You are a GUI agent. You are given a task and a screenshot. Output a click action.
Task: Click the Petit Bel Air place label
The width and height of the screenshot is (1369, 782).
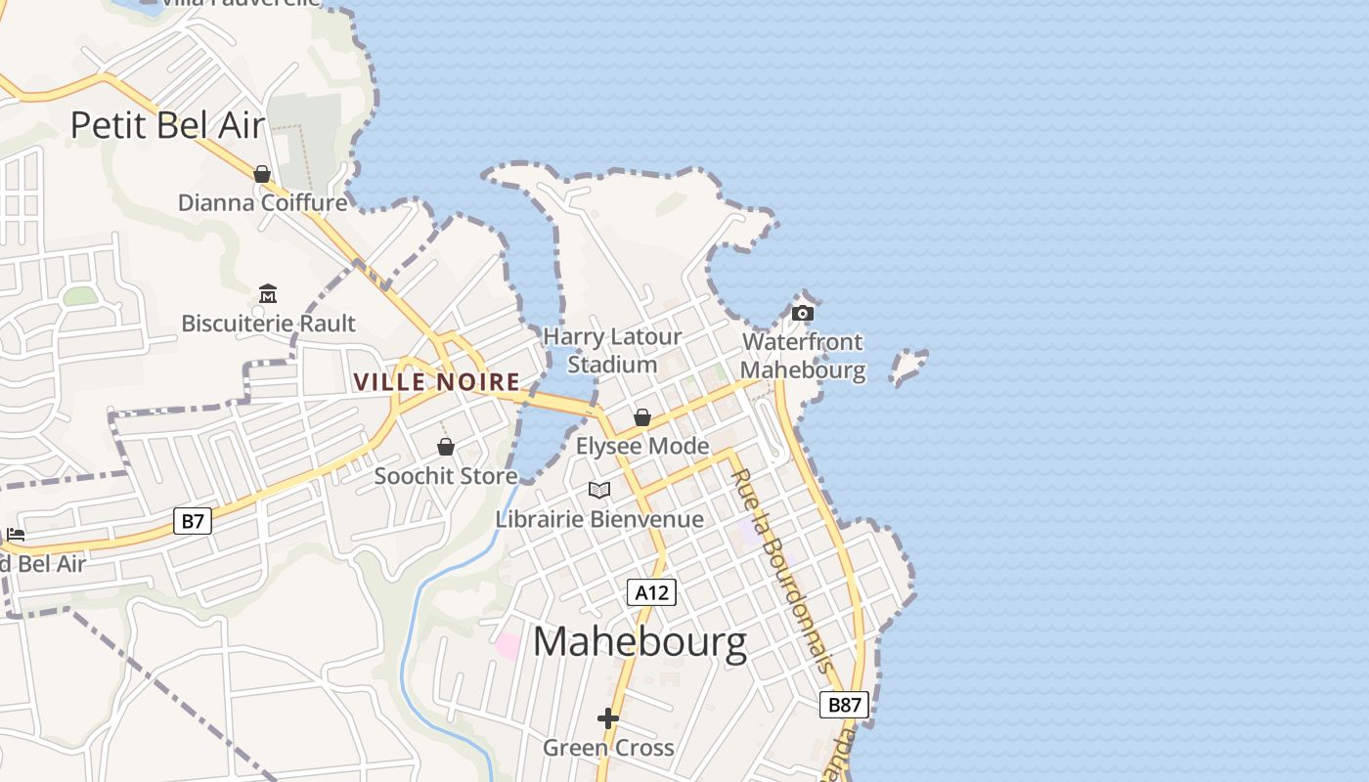[167, 125]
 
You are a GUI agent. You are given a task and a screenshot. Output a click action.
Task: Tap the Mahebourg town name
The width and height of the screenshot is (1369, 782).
[640, 642]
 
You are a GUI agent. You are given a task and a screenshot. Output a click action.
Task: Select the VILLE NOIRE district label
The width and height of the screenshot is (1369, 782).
[436, 382]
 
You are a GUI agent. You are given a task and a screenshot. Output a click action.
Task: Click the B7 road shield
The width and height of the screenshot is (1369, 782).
[193, 521]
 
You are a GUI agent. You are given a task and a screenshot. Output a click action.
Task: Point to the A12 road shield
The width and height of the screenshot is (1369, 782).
[651, 591]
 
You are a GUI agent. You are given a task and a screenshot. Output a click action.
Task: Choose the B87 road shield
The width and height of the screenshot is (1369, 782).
[844, 705]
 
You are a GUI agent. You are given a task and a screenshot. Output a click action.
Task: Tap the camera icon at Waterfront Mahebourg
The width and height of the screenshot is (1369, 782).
[803, 313]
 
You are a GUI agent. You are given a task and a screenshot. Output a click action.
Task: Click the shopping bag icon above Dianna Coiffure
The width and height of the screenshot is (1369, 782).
[262, 174]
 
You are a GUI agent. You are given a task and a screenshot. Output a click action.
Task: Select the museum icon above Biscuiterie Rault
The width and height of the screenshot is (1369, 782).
[268, 293]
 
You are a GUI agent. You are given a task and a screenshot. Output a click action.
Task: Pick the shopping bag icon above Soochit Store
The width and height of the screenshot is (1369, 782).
[446, 447]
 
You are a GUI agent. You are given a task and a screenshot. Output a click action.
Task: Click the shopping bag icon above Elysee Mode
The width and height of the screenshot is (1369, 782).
[642, 417]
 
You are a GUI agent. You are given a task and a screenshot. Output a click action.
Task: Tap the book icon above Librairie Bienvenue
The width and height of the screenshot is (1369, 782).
[599, 490]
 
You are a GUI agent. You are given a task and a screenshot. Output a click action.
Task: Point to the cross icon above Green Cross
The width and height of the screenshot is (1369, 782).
[608, 718]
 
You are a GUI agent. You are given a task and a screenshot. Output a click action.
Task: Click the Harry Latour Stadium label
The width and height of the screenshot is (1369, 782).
[612, 351]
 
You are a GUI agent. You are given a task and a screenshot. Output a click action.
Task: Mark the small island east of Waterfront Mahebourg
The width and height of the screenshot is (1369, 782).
[907, 366]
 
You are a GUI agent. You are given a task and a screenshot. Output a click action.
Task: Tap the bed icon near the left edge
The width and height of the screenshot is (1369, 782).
[16, 535]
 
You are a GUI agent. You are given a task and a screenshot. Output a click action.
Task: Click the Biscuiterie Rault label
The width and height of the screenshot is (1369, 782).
[269, 324]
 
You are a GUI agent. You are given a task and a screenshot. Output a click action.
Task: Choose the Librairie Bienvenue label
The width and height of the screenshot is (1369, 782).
[599, 519]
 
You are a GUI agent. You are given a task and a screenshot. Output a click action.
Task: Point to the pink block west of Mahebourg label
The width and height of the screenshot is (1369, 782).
[508, 645]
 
